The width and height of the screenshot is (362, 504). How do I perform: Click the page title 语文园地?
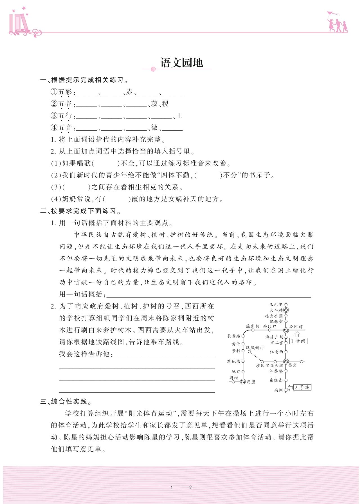tap(182, 63)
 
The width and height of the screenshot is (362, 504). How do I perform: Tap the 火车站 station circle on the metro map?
tap(286, 310)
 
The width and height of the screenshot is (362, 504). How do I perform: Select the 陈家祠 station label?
tap(253, 326)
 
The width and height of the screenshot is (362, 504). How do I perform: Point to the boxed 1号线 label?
tap(298, 341)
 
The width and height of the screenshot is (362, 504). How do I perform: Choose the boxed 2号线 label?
tap(302, 387)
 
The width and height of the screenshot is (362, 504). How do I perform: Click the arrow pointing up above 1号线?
tap(297, 334)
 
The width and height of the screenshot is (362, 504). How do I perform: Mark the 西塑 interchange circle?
tap(243, 382)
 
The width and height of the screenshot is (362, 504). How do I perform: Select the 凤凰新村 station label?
tap(255, 348)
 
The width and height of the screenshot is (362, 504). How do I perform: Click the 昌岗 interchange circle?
tap(286, 361)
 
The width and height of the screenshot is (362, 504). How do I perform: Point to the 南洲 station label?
tap(278, 390)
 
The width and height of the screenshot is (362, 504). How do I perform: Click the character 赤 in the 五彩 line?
tap(129, 92)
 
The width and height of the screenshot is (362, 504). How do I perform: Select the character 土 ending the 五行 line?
tap(179, 116)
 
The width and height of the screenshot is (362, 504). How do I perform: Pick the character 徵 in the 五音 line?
tap(154, 128)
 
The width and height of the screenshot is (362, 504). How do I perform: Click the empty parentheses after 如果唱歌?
tap(106, 163)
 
